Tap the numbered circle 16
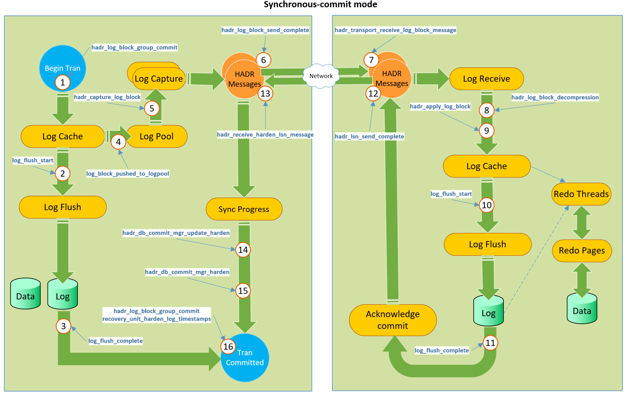[228, 347]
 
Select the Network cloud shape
[321, 76]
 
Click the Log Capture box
[159, 79]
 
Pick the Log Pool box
[157, 137]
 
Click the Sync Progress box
[244, 209]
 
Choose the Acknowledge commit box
[393, 320]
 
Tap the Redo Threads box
[581, 194]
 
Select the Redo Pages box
[582, 250]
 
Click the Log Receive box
[486, 79]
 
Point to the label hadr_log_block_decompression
[555, 97]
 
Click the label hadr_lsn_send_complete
[369, 137]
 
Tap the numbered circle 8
[486, 110]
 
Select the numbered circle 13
[265, 93]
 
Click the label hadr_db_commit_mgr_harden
[187, 272]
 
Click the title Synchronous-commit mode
[320, 4]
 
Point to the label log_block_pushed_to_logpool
[128, 174]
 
